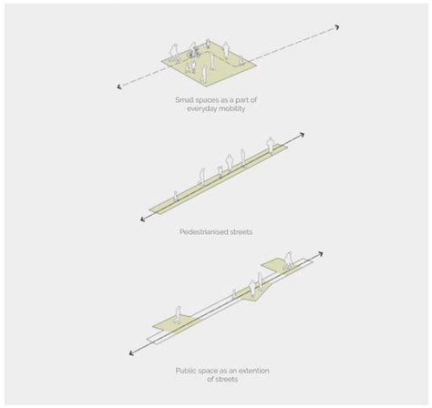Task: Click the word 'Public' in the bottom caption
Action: (x=185, y=371)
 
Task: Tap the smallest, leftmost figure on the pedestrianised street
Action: (x=176, y=195)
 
